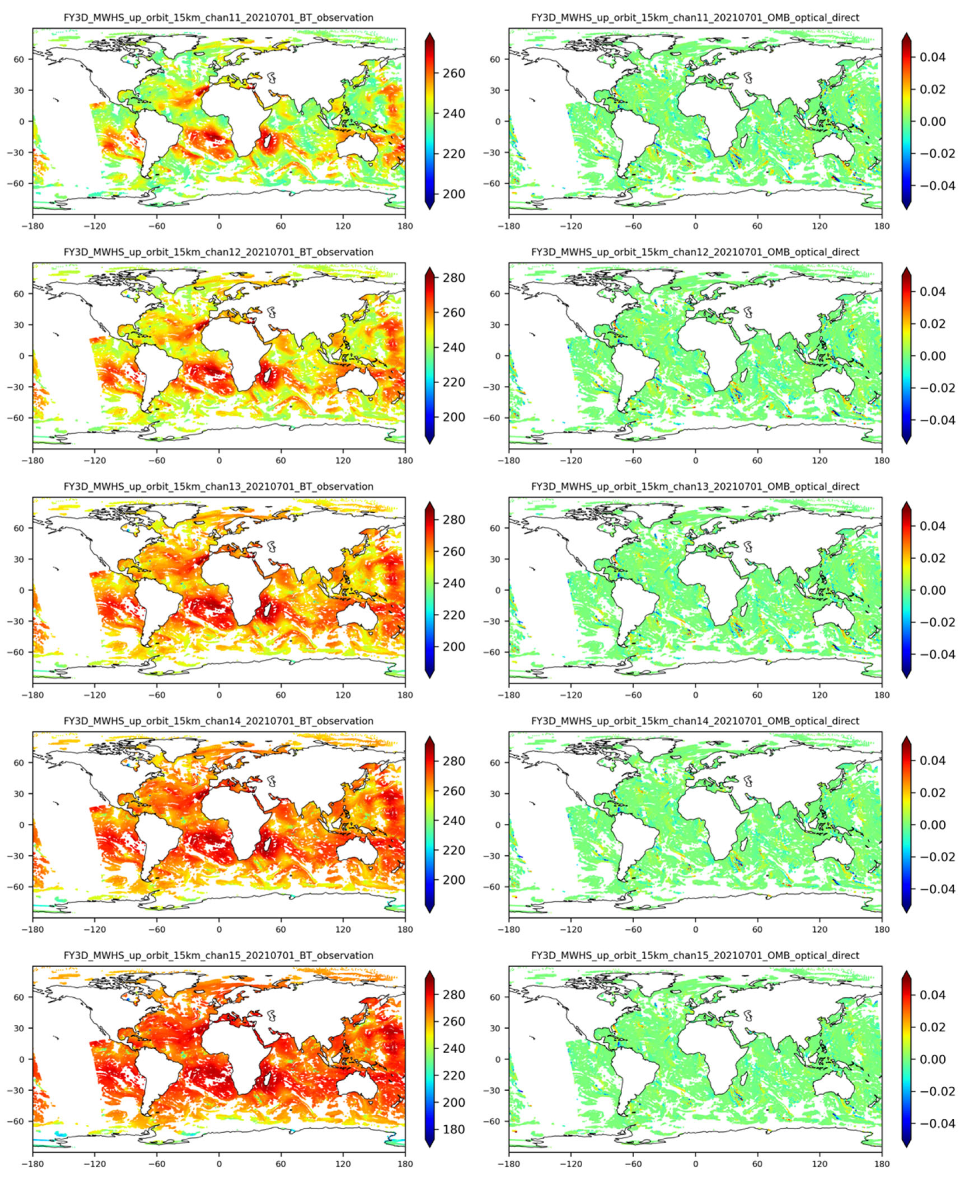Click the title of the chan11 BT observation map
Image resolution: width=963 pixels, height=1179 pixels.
[219, 18]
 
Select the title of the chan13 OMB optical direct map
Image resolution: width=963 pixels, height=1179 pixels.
[695, 487]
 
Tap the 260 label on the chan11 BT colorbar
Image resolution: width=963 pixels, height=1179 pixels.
[454, 73]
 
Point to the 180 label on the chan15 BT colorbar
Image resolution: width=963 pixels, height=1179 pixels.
[454, 1129]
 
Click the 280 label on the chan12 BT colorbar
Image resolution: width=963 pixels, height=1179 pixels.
[454, 278]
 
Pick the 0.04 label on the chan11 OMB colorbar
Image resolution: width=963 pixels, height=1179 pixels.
[932, 57]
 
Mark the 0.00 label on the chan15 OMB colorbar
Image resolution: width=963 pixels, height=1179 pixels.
[932, 1059]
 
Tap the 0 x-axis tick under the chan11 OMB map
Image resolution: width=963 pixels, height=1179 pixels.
[695, 226]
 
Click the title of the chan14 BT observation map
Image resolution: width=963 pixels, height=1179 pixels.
[219, 721]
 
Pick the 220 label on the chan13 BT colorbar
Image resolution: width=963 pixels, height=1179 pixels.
[454, 615]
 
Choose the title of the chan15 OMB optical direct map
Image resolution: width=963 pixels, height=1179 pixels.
[695, 956]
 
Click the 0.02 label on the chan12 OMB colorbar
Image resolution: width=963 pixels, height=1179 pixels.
[932, 324]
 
